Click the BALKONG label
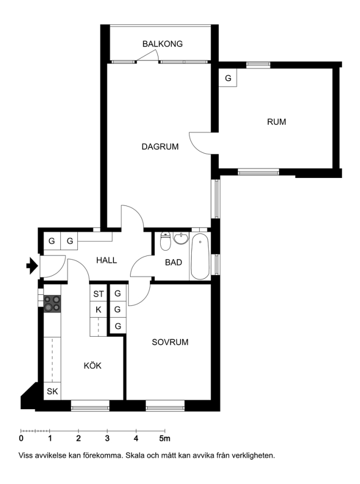[162, 44]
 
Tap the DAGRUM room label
[160, 147]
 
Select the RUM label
[276, 122]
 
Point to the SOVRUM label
[170, 342]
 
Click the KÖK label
[92, 366]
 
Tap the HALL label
[106, 260]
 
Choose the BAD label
[174, 262]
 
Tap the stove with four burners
[52, 304]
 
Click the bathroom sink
[181, 239]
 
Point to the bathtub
[200, 257]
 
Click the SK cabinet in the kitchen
[52, 392]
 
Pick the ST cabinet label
[98, 294]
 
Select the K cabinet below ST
[98, 310]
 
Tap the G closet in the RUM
[228, 78]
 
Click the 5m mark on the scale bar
[165, 438]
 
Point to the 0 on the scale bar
[21, 438]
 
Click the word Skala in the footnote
[135, 455]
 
